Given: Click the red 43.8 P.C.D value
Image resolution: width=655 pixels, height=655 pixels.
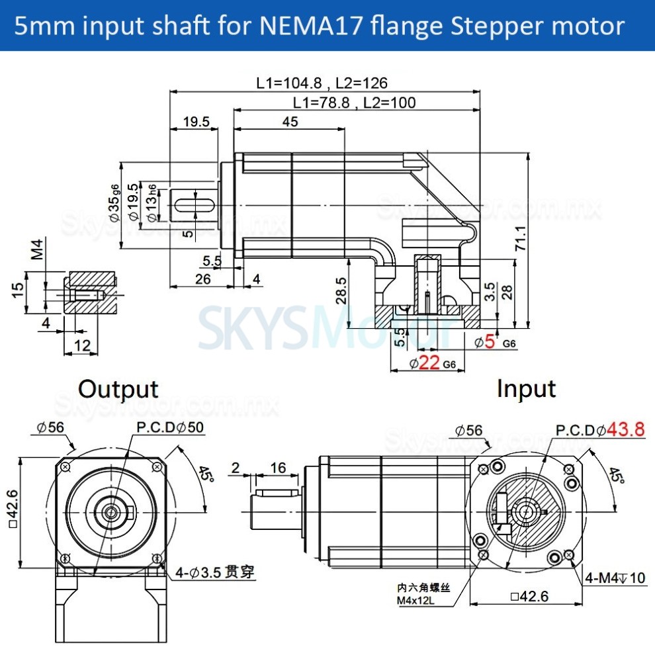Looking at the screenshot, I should click(x=625, y=429).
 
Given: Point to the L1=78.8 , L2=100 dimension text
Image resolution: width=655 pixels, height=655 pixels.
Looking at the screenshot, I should click(x=354, y=103).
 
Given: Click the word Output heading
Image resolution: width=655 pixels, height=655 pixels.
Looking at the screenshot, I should click(x=118, y=389).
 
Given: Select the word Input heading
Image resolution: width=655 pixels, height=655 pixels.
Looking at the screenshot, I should click(x=526, y=389).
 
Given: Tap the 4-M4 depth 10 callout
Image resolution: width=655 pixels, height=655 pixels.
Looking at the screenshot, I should click(x=615, y=578).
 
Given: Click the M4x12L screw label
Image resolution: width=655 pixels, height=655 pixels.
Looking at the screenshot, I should click(x=423, y=600).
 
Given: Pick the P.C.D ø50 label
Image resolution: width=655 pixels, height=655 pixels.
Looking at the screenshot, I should click(x=170, y=428).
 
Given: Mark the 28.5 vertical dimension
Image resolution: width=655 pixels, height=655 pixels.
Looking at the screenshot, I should click(x=340, y=290).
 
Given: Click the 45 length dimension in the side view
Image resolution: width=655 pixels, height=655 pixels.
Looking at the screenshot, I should click(x=290, y=122).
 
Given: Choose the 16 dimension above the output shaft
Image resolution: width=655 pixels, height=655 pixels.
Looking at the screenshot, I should click(x=278, y=468).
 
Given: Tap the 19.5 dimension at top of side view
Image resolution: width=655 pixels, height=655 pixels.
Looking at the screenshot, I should click(x=196, y=122).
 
